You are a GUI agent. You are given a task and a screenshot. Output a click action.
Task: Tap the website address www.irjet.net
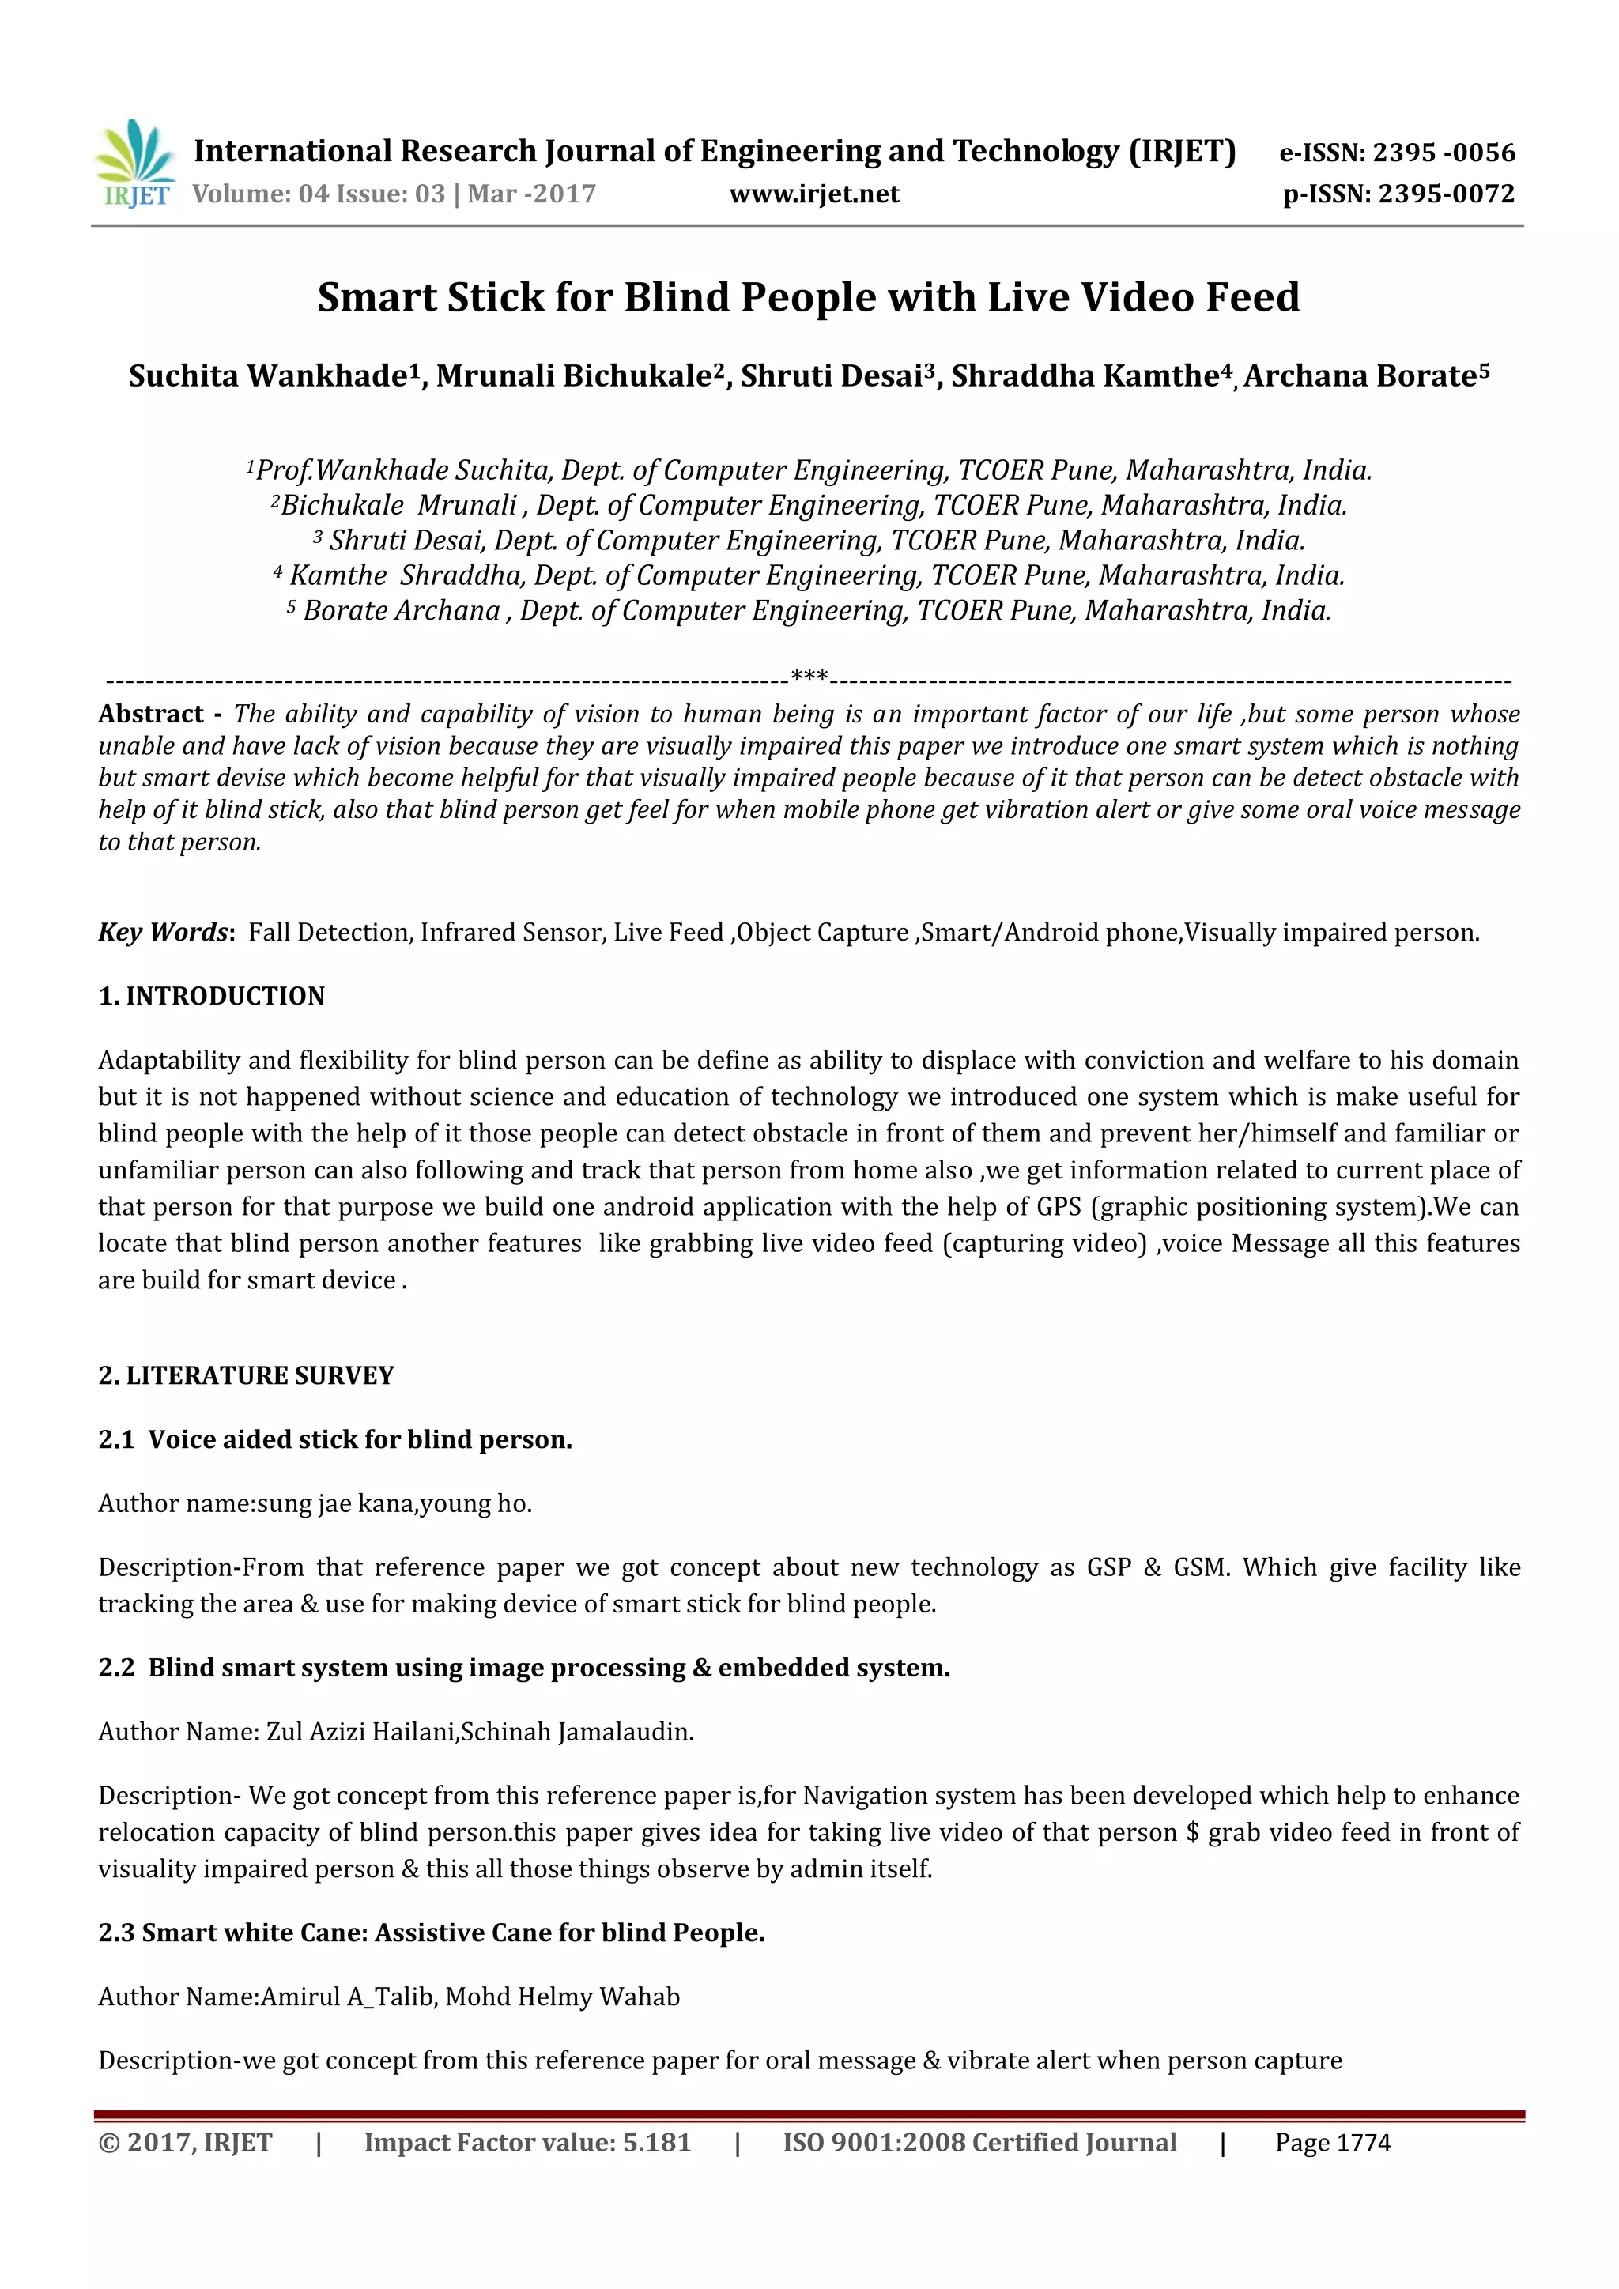813,194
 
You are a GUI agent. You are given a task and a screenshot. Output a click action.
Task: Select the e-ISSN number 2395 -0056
1444,153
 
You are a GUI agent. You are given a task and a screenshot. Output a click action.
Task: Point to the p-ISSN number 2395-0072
1446,194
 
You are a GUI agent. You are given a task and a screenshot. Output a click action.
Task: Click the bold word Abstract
150,714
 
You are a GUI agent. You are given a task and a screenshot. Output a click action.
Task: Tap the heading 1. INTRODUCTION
211,996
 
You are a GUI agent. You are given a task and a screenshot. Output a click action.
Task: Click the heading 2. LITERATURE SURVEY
245,1376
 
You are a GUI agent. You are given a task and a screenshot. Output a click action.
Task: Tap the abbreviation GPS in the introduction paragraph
1059,1207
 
